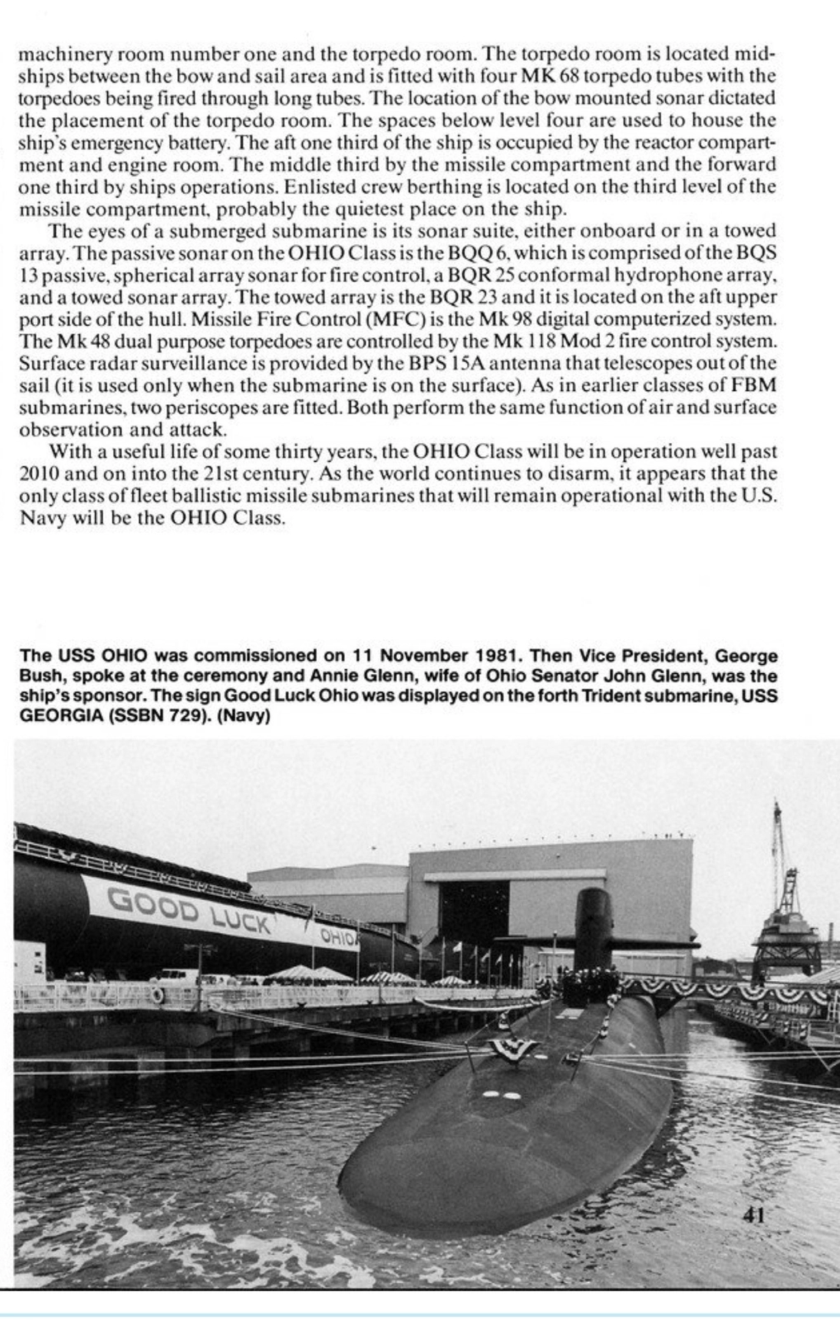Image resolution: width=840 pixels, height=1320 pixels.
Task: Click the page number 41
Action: pos(753,1215)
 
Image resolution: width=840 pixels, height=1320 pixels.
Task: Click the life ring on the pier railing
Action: pos(158,995)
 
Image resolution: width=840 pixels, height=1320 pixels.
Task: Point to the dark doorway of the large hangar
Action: pos(492,912)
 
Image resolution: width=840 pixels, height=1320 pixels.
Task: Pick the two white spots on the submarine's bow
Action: pos(500,1096)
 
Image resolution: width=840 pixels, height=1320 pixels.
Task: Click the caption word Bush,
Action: pos(40,676)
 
